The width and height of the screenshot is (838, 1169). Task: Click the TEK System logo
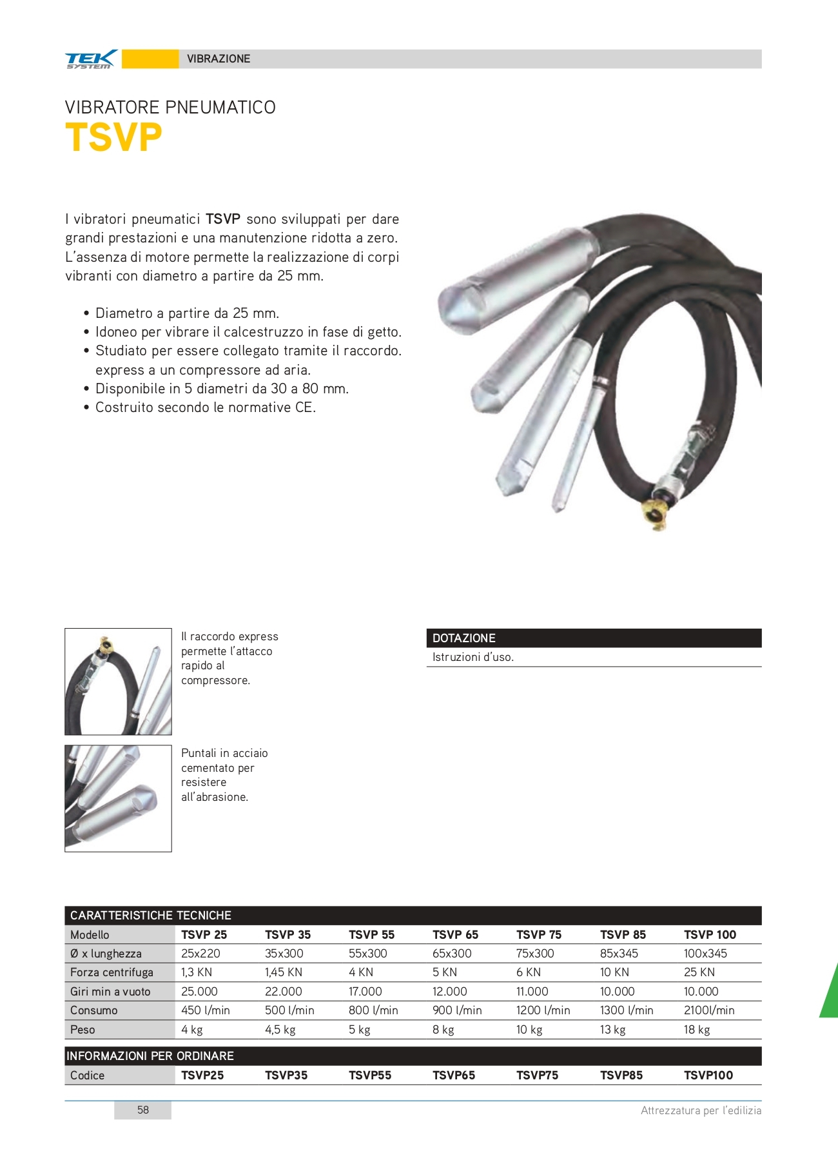91,59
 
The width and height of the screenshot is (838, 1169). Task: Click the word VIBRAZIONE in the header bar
219,59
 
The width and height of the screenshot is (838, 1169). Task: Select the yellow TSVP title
113,137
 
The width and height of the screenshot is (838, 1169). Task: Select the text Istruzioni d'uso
473,657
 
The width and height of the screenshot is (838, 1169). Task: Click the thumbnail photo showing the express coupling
118,682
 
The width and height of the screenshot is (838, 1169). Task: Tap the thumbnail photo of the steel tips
118,798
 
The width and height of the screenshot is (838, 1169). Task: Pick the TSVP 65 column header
455,934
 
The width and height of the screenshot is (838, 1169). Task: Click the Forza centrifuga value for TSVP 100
699,972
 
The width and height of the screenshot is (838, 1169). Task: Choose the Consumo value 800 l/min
373,1010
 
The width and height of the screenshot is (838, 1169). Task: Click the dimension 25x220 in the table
200,953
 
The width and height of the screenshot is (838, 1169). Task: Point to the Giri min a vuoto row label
110,992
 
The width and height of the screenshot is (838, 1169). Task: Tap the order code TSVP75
537,1075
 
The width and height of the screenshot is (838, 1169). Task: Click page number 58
143,1110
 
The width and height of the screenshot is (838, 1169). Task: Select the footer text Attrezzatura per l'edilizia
701,1110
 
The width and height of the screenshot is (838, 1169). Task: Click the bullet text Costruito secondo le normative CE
206,408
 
